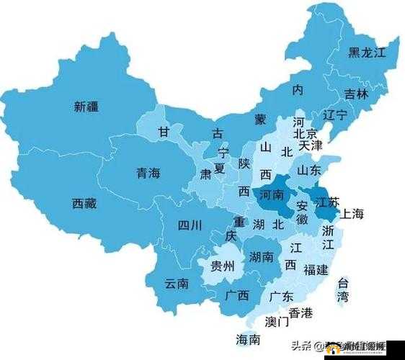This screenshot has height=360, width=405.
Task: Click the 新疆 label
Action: point(86,107)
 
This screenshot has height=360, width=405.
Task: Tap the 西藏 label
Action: point(84,203)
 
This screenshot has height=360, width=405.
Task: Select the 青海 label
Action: point(148,173)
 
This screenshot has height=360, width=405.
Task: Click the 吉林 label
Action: point(355,94)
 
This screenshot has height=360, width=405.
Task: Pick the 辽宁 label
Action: point(335,115)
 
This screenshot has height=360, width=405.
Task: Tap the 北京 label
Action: point(306,134)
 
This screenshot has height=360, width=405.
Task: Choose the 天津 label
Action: point(311,145)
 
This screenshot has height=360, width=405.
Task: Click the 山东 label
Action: point(309,171)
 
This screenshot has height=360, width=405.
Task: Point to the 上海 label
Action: point(352,213)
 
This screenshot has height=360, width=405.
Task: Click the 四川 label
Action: point(190,224)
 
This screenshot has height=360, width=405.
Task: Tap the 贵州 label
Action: point(222,266)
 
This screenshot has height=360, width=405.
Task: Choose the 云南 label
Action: point(177,283)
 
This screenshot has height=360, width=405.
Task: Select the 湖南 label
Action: point(261,256)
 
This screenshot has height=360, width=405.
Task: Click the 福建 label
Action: point(316,269)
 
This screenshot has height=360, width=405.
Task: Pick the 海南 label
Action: point(248,339)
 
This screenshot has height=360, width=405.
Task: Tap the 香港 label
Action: point(301,312)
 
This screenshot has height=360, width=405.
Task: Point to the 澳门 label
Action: point(277,321)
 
